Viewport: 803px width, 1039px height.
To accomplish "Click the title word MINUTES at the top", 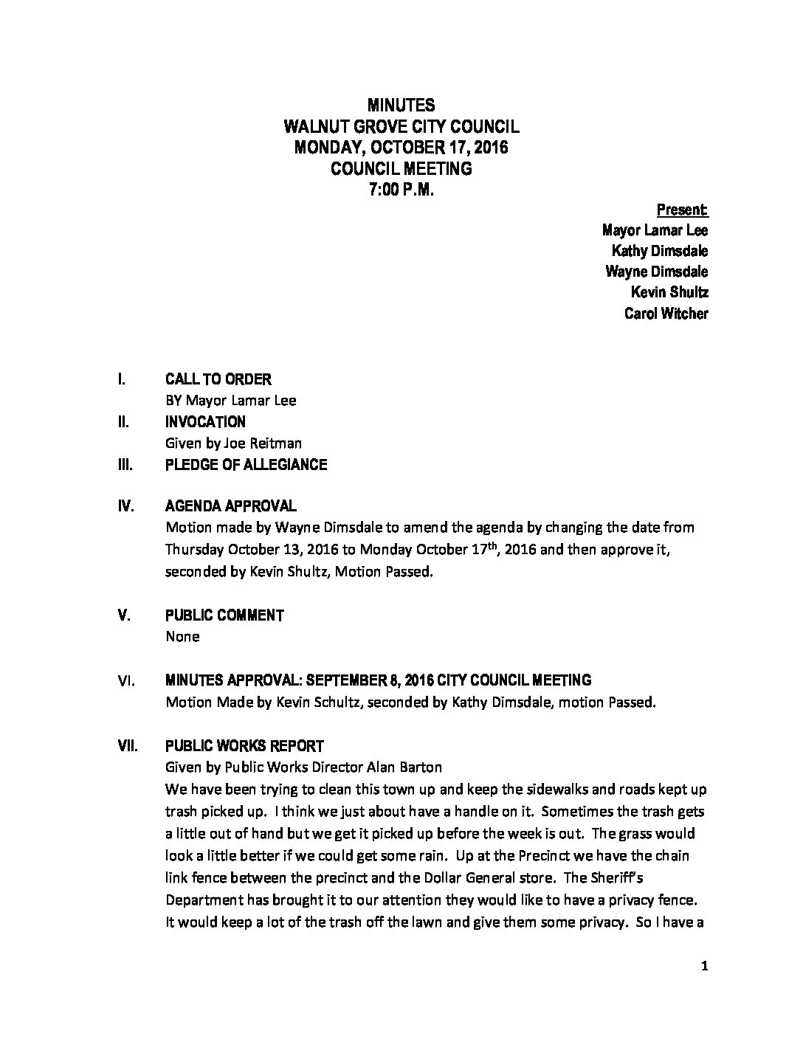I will click(401, 106).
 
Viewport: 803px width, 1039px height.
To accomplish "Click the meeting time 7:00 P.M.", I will click(401, 189).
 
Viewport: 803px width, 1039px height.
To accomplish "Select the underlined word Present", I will click(681, 210).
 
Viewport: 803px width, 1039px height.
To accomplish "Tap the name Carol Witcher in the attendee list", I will click(666, 314).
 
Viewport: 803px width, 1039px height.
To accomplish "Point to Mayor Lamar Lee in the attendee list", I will click(655, 230).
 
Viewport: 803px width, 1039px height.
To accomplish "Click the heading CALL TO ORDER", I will click(218, 379).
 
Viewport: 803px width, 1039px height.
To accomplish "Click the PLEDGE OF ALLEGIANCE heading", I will click(247, 465).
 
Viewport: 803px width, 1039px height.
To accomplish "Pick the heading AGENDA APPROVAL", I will click(231, 506).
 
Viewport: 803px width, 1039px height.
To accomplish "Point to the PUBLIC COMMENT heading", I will click(224, 615).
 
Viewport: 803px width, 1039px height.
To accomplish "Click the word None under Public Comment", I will click(182, 636).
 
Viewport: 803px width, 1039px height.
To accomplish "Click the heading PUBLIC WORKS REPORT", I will click(244, 746).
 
